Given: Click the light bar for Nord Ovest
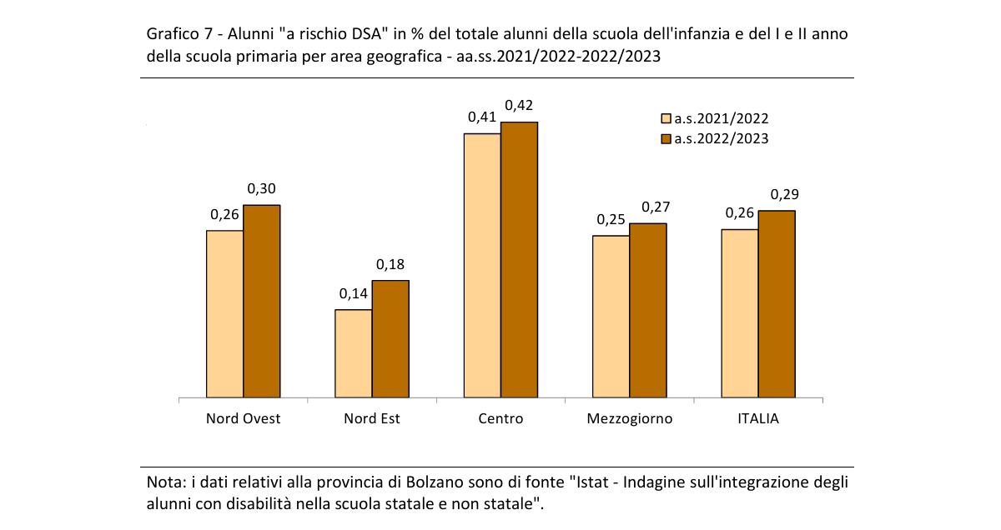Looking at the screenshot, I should pos(224,314).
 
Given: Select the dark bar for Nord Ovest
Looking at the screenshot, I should pos(261,302).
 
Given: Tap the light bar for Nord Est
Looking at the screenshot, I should pos(353,354).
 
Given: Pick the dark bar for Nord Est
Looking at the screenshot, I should pos(390,339).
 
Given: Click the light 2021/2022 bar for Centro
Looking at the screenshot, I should pos(482,266).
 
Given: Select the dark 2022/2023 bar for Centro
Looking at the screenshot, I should pos(519,260).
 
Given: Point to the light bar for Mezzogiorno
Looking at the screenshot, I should pos(611,317).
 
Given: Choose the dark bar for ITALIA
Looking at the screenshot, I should pos(777,304).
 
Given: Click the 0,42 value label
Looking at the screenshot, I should pos(518,106).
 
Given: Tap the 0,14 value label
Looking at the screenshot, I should pos(353,294).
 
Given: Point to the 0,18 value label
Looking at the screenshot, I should pos(390,264).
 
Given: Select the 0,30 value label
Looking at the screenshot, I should pos(262,189).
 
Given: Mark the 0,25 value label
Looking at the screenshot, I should pos(611,220).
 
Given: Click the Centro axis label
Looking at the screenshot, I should pos(500,418).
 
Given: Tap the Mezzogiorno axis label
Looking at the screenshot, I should pos(630,418).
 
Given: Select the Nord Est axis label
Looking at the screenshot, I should pos(372,418).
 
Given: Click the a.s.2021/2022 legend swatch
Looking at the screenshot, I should pos(666,119).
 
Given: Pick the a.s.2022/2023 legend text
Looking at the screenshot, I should pos(722,139).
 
